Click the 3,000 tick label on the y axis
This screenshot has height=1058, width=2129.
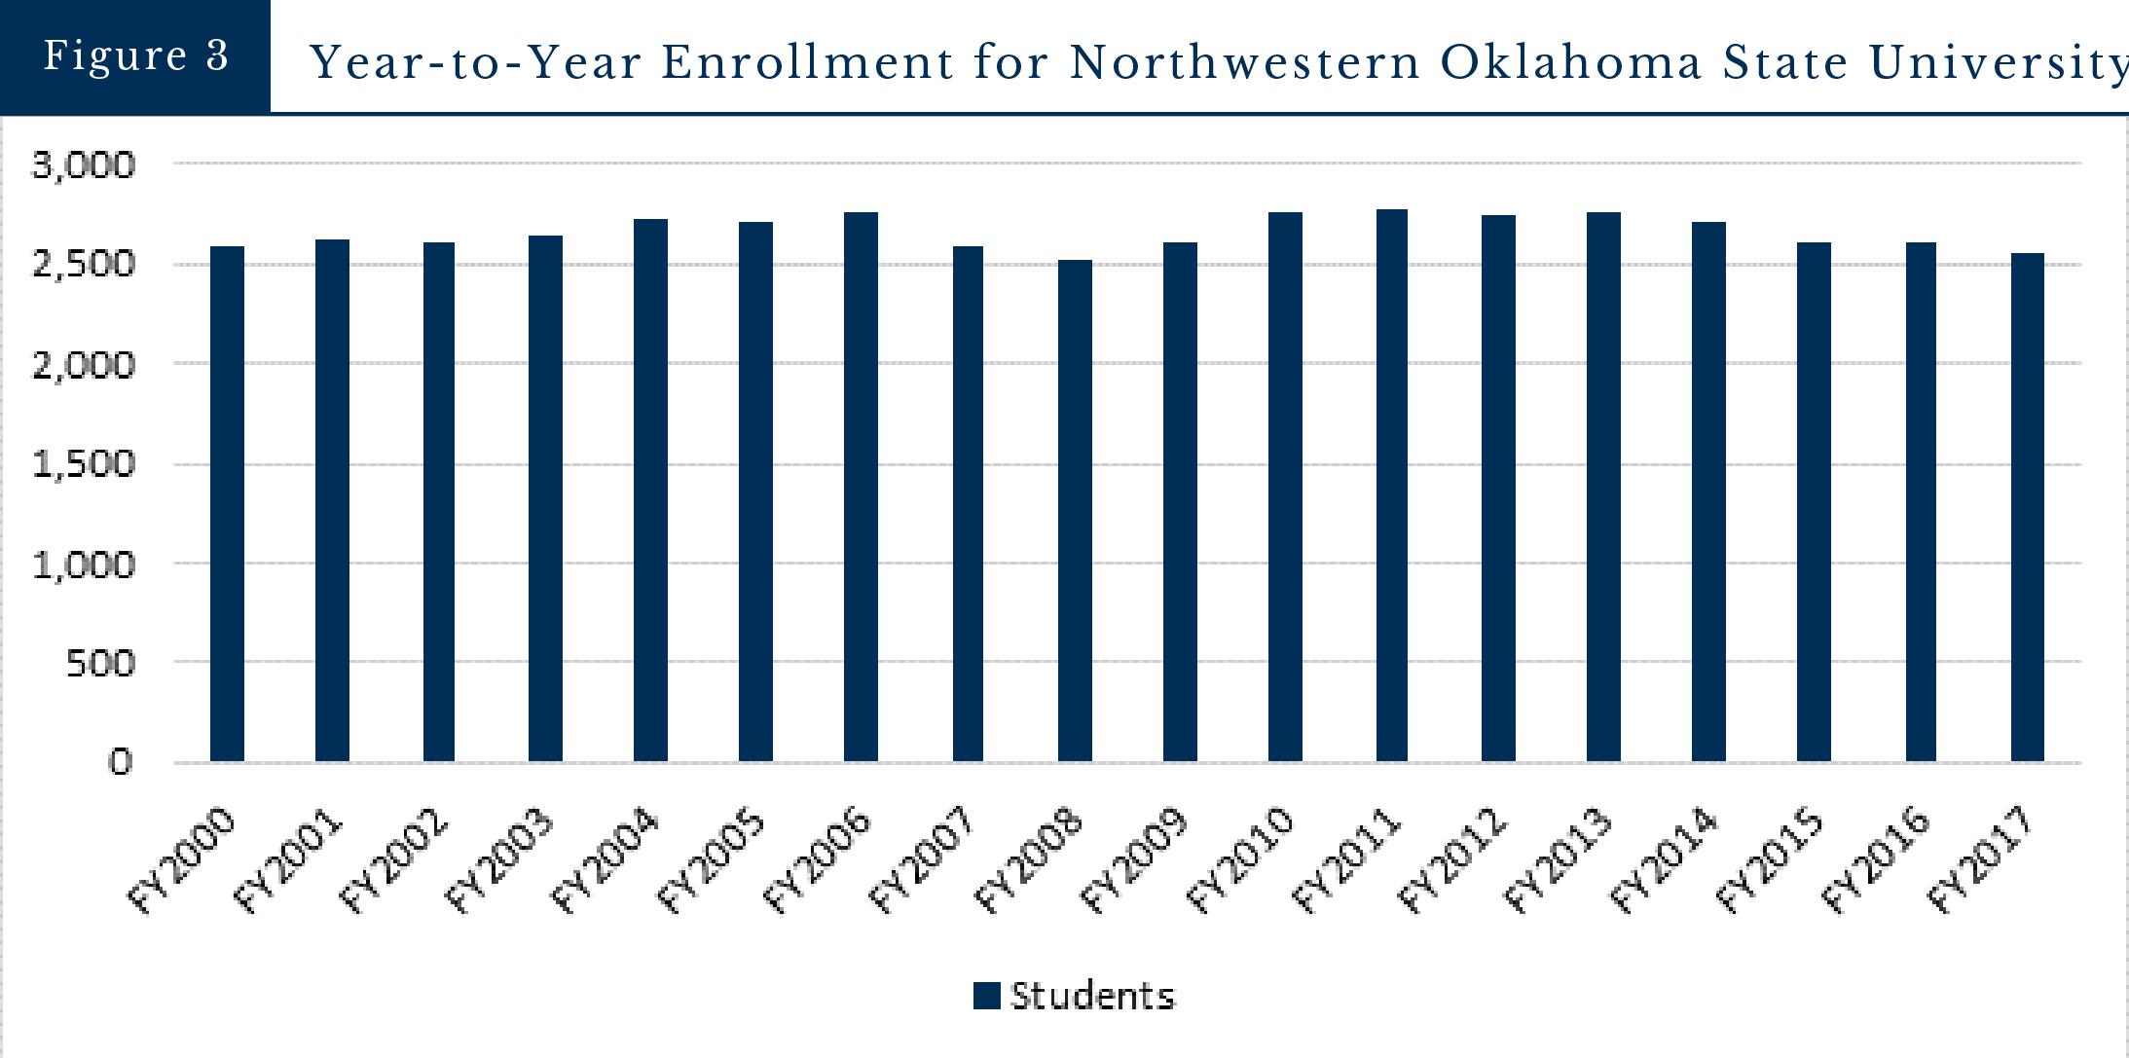click(x=84, y=165)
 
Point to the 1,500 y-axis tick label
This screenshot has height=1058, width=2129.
click(x=84, y=464)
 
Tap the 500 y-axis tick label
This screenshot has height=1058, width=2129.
click(x=98, y=664)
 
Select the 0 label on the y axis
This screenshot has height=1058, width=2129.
click(x=119, y=762)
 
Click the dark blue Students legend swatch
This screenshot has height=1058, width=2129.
click(x=986, y=996)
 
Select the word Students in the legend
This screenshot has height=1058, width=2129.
click(x=1092, y=996)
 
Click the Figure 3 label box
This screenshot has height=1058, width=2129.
click(x=135, y=55)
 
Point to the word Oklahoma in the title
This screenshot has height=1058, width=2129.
click(x=1571, y=63)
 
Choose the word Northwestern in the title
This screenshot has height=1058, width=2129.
click(x=1245, y=63)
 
